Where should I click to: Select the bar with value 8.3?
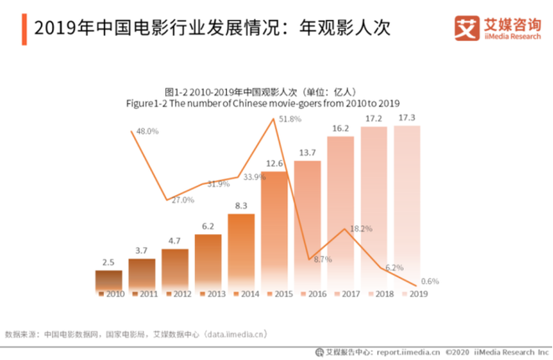pyautogui.click(x=241, y=251)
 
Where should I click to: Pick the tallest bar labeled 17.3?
pyautogui.click(x=407, y=205)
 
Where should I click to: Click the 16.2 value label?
pyautogui.click(x=341, y=129)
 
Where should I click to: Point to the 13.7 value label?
pyautogui.click(x=308, y=153)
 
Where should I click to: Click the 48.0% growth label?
pyautogui.click(x=147, y=132)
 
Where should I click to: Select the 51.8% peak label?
pyautogui.click(x=290, y=120)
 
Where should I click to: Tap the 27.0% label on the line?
pyautogui.click(x=183, y=200)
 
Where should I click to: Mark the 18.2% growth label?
pyautogui.click(x=361, y=229)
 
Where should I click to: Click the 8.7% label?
pyautogui.click(x=323, y=260)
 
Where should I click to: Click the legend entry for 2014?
pyautogui.click(x=246, y=295)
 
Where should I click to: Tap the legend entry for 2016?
pyautogui.click(x=313, y=295)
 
